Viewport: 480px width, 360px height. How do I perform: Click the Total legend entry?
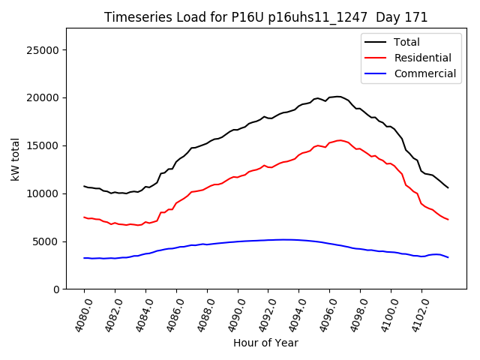[x=406, y=42]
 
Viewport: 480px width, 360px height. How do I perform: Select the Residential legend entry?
[x=422, y=58]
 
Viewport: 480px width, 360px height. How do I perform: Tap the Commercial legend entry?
[x=424, y=73]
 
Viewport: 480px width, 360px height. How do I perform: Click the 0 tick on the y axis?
[x=56, y=289]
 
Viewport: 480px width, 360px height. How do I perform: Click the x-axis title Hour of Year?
[x=265, y=343]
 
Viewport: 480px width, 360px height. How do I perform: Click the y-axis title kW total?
[x=16, y=158]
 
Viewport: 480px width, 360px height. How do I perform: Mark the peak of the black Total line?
[x=337, y=96]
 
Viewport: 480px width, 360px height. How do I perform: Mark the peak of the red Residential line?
[x=340, y=140]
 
